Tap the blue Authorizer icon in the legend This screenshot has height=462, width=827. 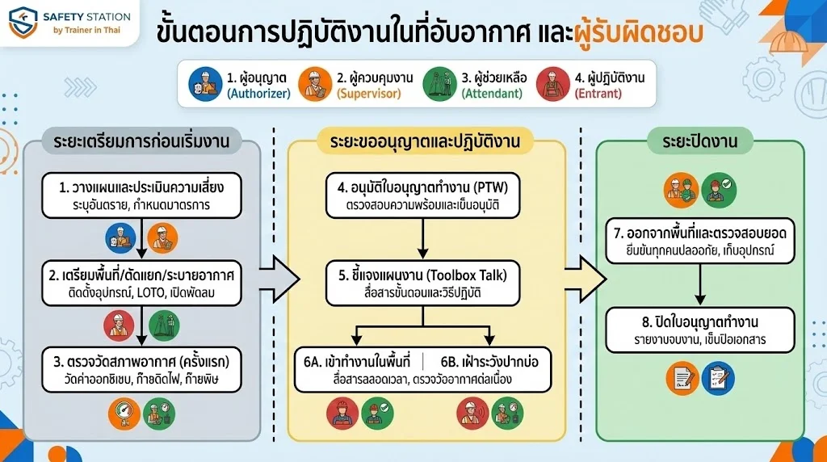click(205, 84)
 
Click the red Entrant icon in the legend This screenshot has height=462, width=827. click(553, 84)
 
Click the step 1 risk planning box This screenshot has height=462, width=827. click(141, 195)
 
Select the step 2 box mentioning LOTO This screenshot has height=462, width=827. click(141, 283)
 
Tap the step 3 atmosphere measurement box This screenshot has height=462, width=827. click(141, 368)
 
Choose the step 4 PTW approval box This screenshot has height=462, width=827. click(423, 195)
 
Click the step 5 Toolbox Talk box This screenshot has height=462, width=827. click(423, 283)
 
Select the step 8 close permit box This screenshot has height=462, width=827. click(700, 330)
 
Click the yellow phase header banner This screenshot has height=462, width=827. click(423, 142)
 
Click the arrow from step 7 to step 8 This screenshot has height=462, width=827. click(700, 284)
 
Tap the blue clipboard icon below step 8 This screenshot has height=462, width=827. click(717, 378)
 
